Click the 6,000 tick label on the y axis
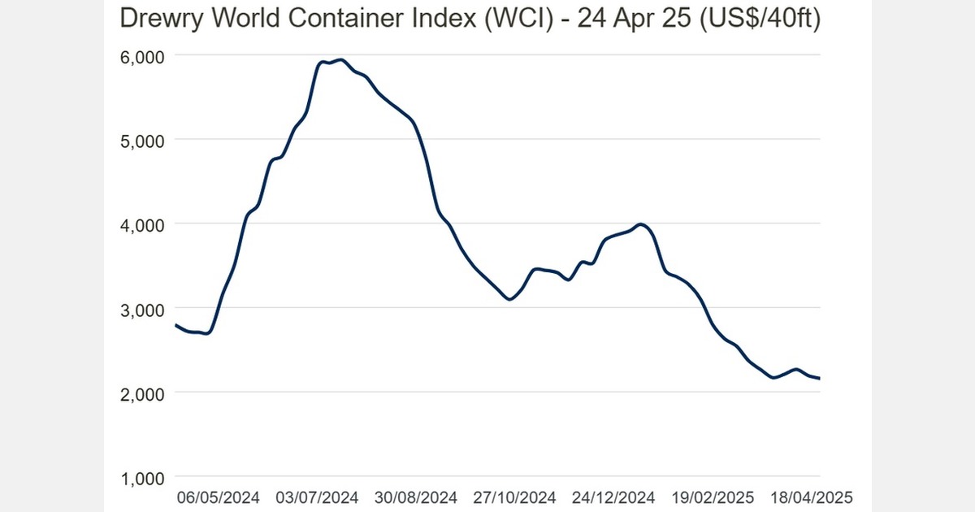coord(142,56)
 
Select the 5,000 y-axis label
coord(142,140)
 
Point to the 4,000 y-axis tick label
coord(142,223)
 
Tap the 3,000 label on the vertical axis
coord(142,309)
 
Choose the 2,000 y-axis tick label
coord(142,393)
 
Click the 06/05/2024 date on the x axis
coord(219,497)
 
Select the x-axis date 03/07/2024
coord(318,497)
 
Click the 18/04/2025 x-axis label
coord(812,497)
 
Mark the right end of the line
coord(820,378)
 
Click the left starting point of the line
coord(176,325)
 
